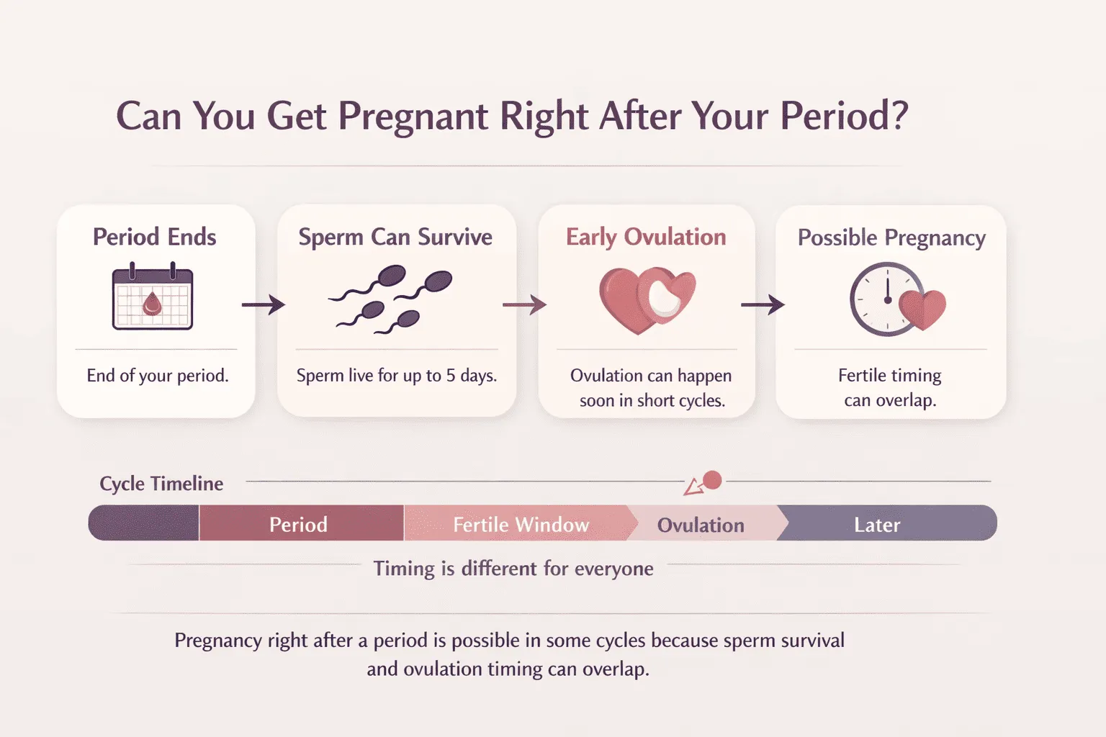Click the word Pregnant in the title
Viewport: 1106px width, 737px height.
click(x=413, y=117)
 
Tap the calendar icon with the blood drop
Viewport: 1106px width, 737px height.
click(x=153, y=297)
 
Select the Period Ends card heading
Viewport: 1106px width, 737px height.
click(x=155, y=237)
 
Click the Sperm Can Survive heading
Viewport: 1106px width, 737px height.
click(x=395, y=237)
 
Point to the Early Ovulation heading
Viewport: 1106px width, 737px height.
click(x=646, y=237)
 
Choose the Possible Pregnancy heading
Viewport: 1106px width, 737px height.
click(x=891, y=238)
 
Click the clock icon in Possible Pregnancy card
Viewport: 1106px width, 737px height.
click(x=885, y=299)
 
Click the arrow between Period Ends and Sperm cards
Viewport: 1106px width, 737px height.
click(x=263, y=305)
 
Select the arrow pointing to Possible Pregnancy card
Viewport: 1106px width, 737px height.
click(x=763, y=305)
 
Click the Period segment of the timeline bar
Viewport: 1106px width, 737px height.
click(x=299, y=524)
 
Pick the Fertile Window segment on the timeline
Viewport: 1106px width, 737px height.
click(x=521, y=524)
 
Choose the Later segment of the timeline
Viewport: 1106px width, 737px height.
click(x=877, y=525)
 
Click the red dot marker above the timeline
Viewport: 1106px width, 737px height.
click(x=712, y=480)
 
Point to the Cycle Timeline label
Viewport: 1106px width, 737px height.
click(x=161, y=484)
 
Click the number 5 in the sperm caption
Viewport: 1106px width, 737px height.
click(x=451, y=376)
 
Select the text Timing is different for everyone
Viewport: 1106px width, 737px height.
click(x=513, y=569)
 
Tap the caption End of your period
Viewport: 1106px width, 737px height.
click(x=158, y=376)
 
